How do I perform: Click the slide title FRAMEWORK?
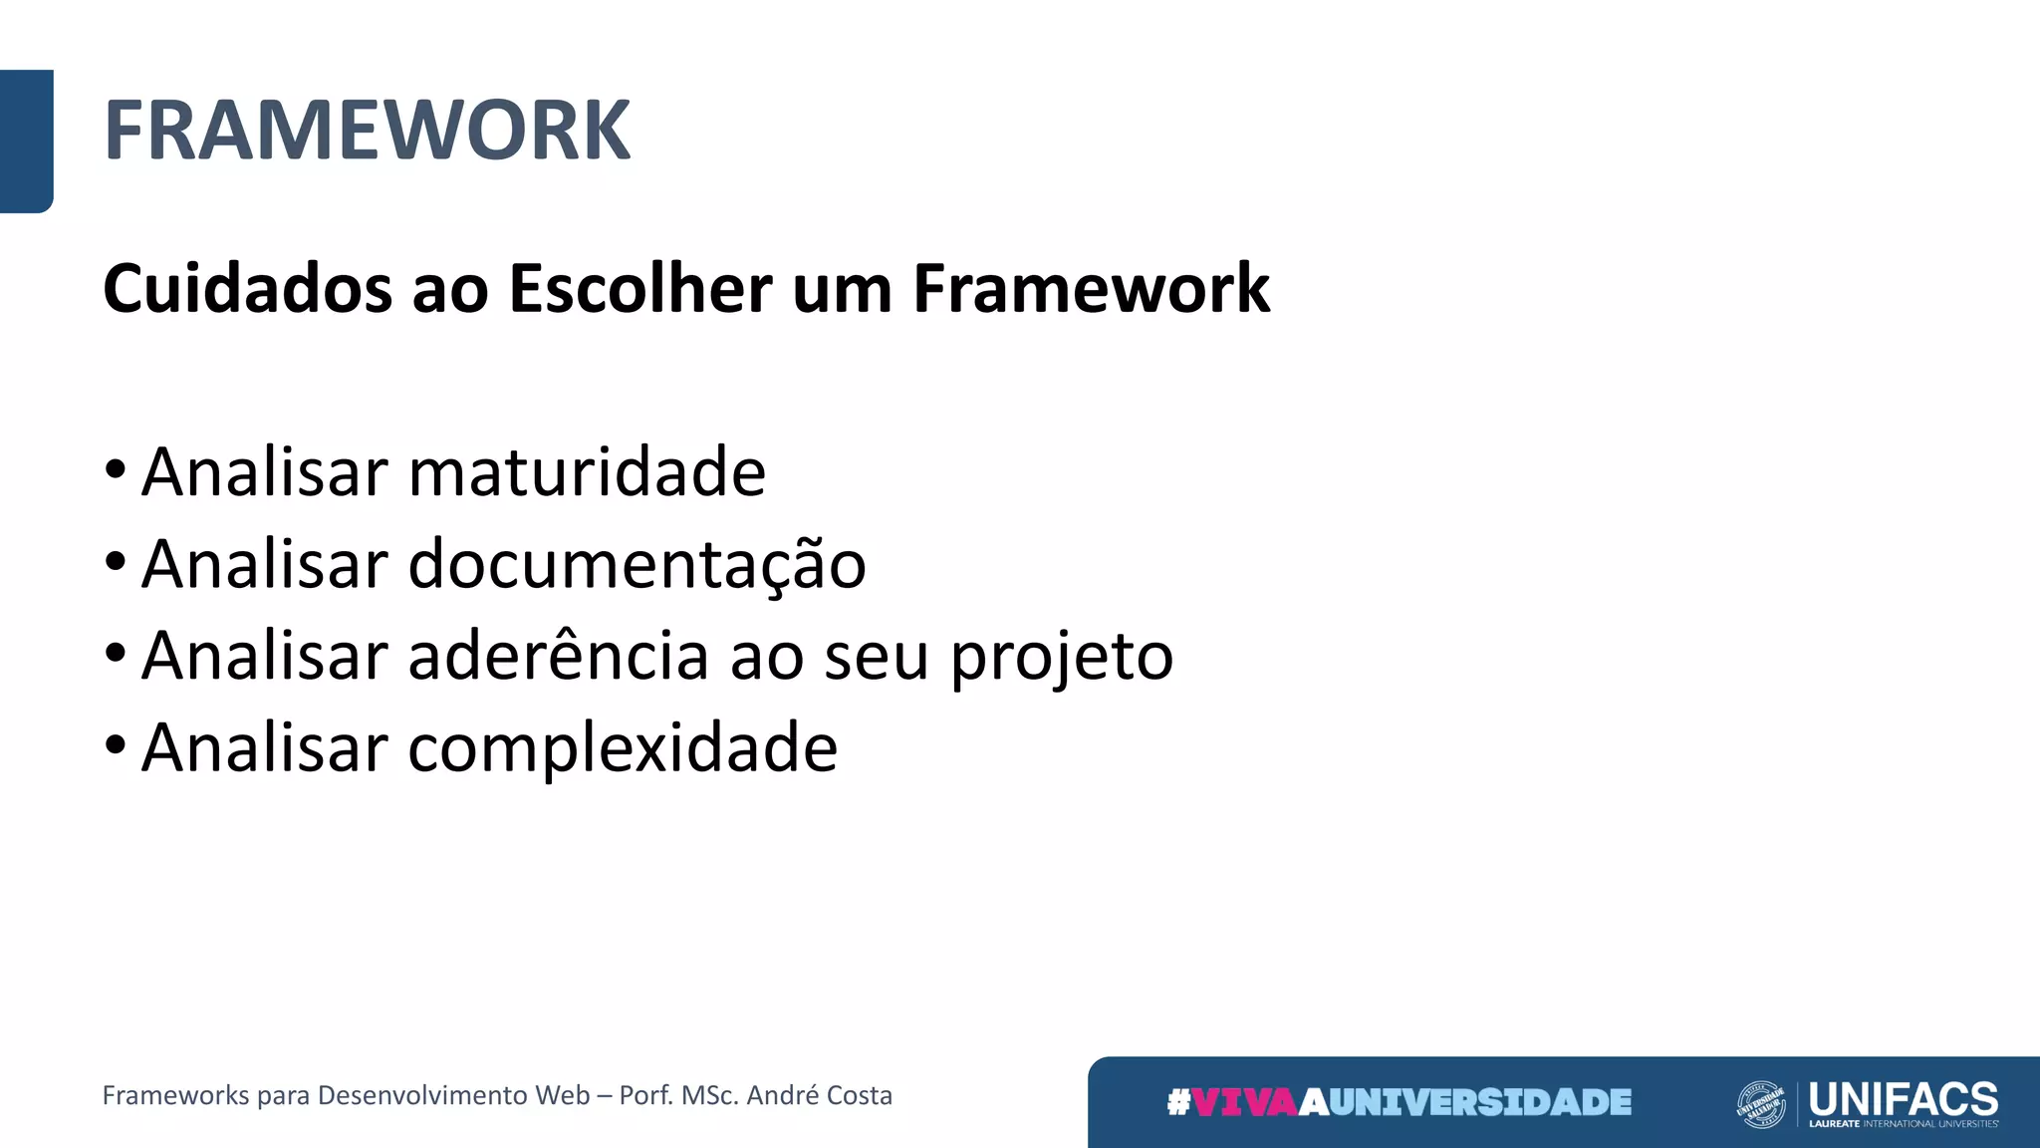click(x=367, y=131)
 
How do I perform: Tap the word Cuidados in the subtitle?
click(x=247, y=289)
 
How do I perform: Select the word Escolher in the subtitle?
click(x=639, y=289)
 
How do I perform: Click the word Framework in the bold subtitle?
click(x=1091, y=289)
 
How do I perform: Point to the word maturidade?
click(x=587, y=472)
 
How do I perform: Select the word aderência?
click(x=558, y=657)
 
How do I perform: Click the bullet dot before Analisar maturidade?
click(x=116, y=469)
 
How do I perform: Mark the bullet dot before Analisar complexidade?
click(x=116, y=744)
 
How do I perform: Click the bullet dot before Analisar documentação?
click(x=116, y=561)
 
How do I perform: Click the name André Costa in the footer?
click(x=819, y=1095)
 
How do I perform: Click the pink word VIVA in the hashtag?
click(x=1244, y=1102)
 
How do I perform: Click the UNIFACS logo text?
click(x=1903, y=1099)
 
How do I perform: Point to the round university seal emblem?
click(x=1760, y=1104)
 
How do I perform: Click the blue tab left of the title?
click(x=26, y=141)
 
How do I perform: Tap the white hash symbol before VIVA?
click(x=1178, y=1102)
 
